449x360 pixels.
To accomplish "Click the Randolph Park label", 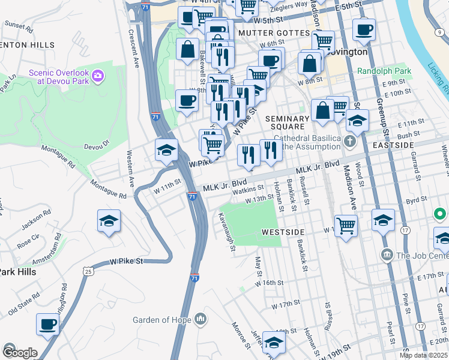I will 384,71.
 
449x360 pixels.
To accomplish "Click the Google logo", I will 20,353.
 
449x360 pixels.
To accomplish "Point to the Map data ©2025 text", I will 423,355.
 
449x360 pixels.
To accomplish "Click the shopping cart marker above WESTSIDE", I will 346,226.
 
